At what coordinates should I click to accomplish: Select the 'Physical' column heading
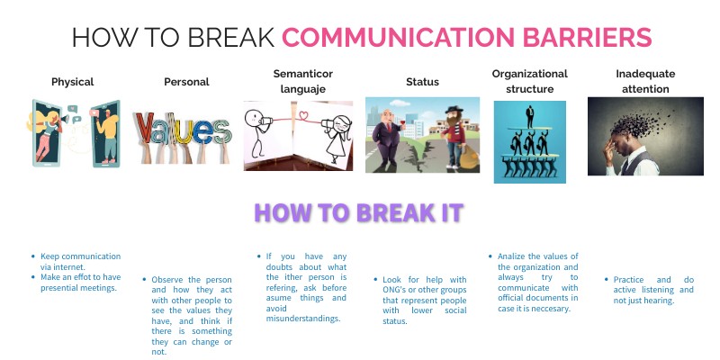[73, 82]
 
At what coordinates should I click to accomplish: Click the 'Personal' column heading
[186, 82]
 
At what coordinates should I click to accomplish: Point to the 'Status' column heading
[422, 82]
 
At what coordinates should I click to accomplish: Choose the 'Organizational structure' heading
[529, 81]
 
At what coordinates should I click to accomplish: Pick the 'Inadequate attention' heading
[645, 81]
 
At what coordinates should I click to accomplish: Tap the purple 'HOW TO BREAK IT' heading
[358, 213]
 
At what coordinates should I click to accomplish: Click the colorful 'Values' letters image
[184, 129]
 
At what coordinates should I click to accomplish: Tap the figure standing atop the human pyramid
[530, 116]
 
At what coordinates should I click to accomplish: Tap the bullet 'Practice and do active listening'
[648, 290]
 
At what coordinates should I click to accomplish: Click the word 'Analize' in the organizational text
[516, 256]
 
